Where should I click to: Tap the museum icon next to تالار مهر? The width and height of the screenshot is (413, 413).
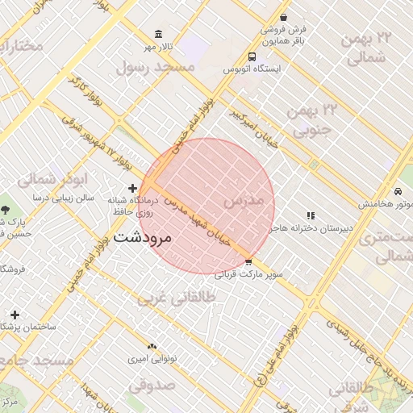[x=157, y=35]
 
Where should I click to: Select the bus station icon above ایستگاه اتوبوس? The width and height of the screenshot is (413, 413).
[x=252, y=57]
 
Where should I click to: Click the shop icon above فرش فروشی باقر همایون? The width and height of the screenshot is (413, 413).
[x=283, y=17]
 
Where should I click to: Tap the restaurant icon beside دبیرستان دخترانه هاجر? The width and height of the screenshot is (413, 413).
[x=311, y=215]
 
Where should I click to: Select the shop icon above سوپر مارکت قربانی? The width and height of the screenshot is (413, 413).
[x=248, y=262]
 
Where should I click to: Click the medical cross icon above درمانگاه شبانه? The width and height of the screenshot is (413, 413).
[x=132, y=188]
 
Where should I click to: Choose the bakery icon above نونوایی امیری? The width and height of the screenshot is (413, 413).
[x=152, y=345]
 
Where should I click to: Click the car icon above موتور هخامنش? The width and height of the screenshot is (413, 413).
[x=398, y=191]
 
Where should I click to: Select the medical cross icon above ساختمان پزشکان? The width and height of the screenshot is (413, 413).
[x=15, y=314]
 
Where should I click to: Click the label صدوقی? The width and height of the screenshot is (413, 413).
[x=151, y=386]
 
